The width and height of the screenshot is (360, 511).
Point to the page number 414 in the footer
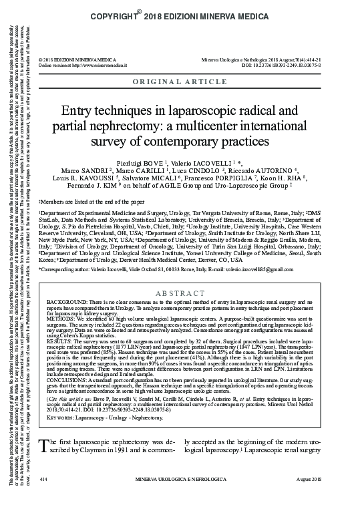45,498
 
